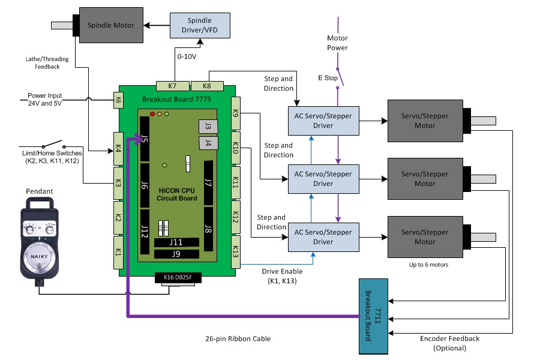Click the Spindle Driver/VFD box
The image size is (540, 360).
tap(200, 25)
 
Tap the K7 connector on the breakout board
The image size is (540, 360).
tap(172, 86)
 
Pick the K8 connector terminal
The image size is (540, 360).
tap(208, 86)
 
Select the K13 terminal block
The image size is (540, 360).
tap(235, 250)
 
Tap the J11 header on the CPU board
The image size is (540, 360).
tap(176, 242)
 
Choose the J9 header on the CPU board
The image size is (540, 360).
tap(176, 254)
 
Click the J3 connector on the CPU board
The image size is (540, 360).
tap(207, 126)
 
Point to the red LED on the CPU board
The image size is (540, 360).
tap(152, 114)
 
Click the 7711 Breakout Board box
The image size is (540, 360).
tap(373, 317)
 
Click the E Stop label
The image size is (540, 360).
tap(328, 78)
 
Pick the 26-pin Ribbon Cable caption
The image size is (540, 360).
tap(238, 339)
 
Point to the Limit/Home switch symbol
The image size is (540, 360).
tap(52, 145)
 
